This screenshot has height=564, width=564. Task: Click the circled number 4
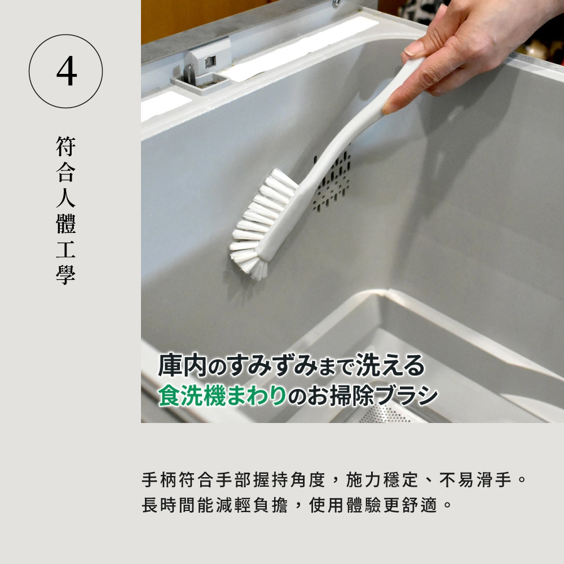[66, 71]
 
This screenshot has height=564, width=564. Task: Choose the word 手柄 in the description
[159, 481]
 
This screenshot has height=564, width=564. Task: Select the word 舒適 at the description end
[421, 505]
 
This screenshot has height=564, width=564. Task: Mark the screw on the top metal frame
[337, 3]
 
